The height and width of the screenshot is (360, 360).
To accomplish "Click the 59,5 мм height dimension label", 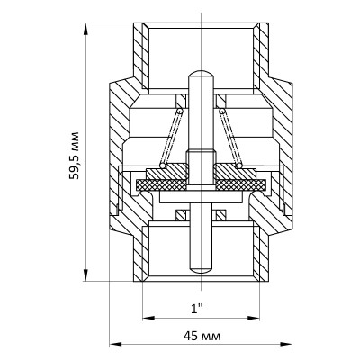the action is tap(74, 155).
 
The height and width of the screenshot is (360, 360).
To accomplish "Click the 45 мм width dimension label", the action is tap(202, 336).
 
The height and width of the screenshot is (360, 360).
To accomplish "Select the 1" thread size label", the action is tap(197, 309).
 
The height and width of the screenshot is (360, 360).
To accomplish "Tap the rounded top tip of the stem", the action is tap(201, 73).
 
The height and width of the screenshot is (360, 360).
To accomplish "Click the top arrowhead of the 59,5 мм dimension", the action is tap(86, 30).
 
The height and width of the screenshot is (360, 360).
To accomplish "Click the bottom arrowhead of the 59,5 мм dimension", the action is tap(86, 274).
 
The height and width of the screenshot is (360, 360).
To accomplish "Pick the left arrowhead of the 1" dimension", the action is tap(148, 318).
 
